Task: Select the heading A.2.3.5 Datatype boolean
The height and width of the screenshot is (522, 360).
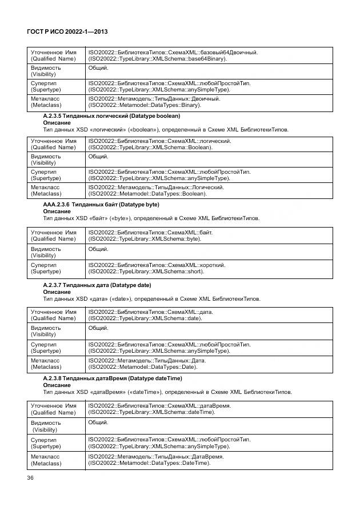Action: (x=111, y=116)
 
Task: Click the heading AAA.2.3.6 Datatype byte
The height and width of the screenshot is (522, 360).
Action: (x=101, y=204)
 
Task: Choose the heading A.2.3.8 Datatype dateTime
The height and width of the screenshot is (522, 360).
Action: (x=113, y=378)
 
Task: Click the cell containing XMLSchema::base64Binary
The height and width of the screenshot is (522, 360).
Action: (x=209, y=55)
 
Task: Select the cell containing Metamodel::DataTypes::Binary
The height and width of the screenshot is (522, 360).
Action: (x=209, y=102)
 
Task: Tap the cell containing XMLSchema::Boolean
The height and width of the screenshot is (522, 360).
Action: (x=209, y=144)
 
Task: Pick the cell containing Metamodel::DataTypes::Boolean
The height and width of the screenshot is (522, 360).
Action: (x=209, y=190)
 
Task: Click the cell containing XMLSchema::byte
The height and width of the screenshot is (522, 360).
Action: (x=209, y=236)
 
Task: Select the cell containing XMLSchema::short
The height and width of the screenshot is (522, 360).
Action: (x=209, y=269)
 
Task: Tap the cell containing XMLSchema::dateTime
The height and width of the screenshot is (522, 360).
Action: (x=209, y=408)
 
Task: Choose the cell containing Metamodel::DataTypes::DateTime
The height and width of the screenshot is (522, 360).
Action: (x=209, y=460)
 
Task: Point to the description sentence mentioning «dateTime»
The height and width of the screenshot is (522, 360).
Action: (x=167, y=392)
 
